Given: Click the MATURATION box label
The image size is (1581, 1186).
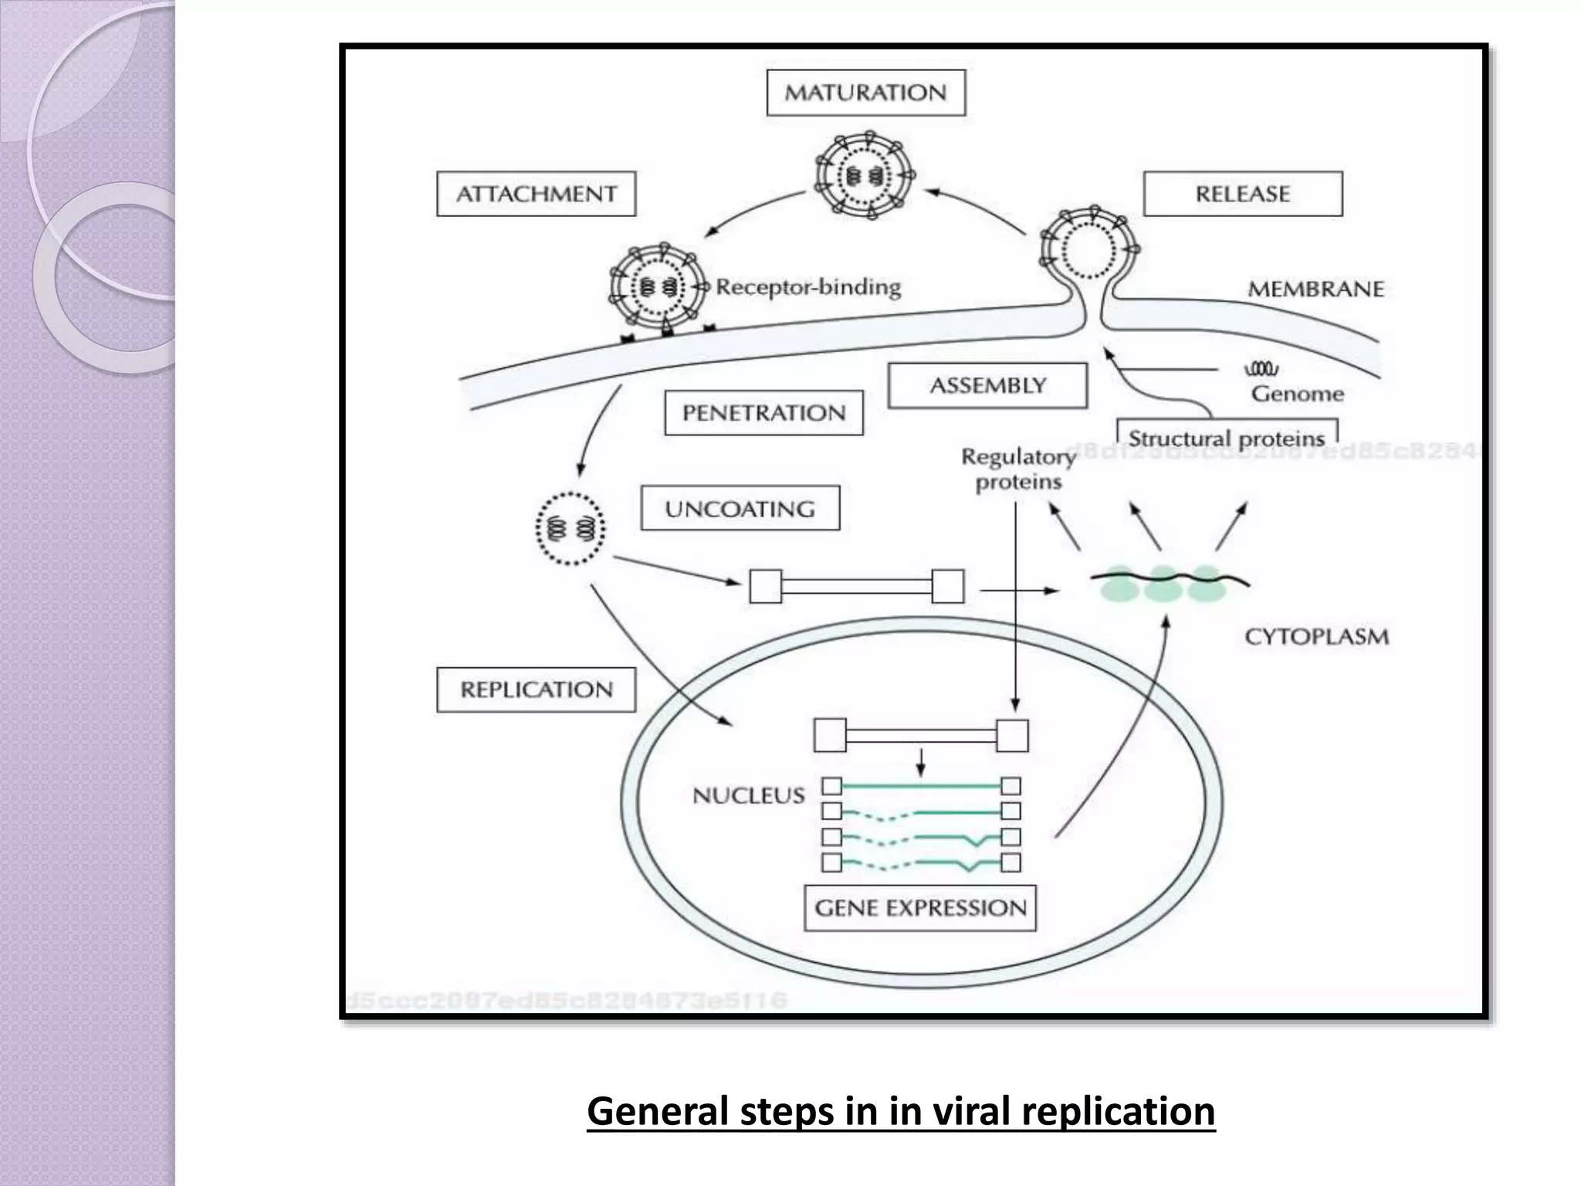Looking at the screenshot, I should pyautogui.click(x=865, y=93).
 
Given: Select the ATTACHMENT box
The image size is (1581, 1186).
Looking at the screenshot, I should pyautogui.click(x=536, y=194).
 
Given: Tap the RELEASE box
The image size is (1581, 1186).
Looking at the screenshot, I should pyautogui.click(x=1242, y=194).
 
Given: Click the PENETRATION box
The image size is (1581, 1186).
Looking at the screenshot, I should pyautogui.click(x=763, y=413).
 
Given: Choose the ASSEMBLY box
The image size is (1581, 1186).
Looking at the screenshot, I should pyautogui.click(x=987, y=385).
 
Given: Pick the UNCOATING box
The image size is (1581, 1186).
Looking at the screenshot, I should pyautogui.click(x=740, y=509).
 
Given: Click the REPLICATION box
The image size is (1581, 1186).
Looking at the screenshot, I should pyautogui.click(x=536, y=690).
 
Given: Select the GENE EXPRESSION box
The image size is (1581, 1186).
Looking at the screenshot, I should pyautogui.click(x=920, y=908).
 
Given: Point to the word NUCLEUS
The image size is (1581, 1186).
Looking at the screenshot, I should pyautogui.click(x=748, y=795).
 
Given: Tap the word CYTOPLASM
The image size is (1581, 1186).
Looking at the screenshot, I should pyautogui.click(x=1316, y=637).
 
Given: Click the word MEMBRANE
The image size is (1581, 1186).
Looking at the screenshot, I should pyautogui.click(x=1315, y=290).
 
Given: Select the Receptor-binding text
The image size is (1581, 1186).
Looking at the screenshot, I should pyautogui.click(x=807, y=287).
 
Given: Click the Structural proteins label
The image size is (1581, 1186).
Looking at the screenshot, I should pyautogui.click(x=1226, y=439).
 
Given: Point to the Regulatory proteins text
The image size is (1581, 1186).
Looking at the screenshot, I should pyautogui.click(x=1018, y=469).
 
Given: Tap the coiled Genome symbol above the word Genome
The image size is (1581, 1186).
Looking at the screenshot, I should pyautogui.click(x=1261, y=369).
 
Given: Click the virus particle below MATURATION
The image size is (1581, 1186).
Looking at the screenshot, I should pyautogui.click(x=865, y=176).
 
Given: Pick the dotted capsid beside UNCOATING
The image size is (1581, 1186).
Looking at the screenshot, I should pyautogui.click(x=570, y=529).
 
